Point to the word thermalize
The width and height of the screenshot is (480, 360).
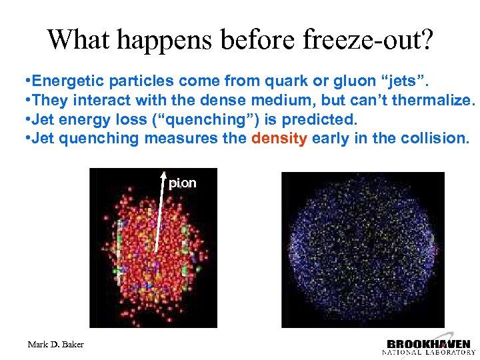[x=437, y=101]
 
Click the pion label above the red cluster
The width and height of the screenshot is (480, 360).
[x=182, y=182]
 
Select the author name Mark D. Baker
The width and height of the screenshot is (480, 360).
[x=56, y=344]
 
